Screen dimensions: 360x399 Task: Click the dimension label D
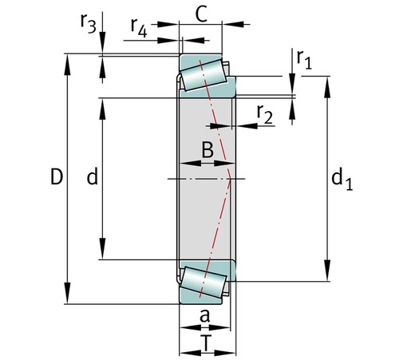(x=56, y=178)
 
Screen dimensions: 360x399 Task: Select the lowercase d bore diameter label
(x=92, y=178)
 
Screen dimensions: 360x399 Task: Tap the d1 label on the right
(x=342, y=181)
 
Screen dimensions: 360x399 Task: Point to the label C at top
(x=201, y=14)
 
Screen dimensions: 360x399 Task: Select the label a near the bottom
(x=204, y=316)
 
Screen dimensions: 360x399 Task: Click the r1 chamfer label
(x=302, y=58)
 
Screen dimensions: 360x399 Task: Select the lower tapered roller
(x=204, y=281)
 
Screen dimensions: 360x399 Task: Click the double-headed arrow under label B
(x=207, y=164)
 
